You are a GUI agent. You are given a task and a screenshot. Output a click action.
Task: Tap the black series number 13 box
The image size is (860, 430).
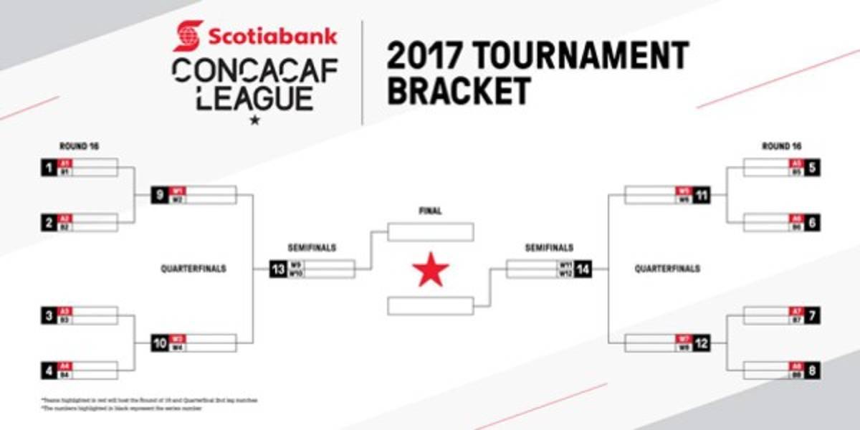[x=277, y=269]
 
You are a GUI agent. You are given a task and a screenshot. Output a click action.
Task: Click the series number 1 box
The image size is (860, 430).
[x=48, y=168]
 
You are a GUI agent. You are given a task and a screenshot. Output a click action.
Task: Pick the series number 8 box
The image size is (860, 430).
[x=812, y=371]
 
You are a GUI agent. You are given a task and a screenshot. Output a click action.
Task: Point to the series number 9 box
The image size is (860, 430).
[x=160, y=195]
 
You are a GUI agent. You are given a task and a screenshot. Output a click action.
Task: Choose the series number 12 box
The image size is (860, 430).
[x=702, y=343]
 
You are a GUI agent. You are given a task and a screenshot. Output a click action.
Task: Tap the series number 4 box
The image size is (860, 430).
[x=48, y=371]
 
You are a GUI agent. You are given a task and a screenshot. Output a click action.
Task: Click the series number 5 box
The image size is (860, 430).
[x=812, y=168]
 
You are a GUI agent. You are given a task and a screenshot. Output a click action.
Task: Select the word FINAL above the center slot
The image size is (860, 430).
[x=430, y=211]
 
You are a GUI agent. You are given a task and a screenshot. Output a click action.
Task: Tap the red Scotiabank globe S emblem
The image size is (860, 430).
[x=188, y=35]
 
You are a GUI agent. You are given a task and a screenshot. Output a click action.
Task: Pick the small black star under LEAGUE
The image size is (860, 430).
[x=253, y=120]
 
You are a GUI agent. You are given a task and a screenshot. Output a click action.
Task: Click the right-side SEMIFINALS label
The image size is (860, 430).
[x=549, y=248]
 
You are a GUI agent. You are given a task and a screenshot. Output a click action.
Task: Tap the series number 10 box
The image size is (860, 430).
[x=160, y=343]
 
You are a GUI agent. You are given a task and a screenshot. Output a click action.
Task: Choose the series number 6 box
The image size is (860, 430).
[x=812, y=223]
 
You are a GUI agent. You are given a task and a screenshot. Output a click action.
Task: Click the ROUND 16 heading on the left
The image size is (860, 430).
[x=79, y=146]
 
